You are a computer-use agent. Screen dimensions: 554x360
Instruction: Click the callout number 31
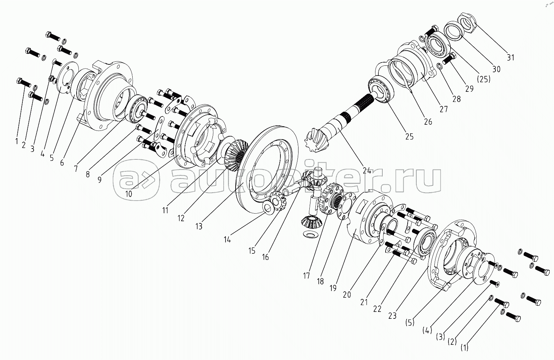tap(511, 57)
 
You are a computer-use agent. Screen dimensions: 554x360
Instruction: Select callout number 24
tap(367, 171)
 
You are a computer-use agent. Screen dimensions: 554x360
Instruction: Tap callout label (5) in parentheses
tap(410, 323)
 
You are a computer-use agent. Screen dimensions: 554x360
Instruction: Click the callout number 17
tap(306, 276)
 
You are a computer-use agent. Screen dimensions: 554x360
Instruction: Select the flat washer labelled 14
tap(268, 207)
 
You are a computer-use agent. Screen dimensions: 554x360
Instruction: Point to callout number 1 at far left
tap(17, 141)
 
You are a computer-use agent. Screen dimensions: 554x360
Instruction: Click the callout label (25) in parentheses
tap(484, 79)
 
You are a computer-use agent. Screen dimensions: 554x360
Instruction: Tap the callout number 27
tap(444, 109)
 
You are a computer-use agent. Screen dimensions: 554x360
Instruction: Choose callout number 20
tap(347, 295)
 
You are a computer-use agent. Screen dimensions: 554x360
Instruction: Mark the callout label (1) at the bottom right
tap(464, 348)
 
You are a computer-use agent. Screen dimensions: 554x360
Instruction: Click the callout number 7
tap(76, 168)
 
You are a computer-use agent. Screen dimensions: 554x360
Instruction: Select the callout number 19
tap(333, 288)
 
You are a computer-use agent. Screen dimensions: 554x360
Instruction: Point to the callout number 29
tap(469, 89)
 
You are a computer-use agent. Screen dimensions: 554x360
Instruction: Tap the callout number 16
tap(265, 257)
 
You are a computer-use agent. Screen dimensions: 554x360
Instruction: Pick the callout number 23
tap(392, 316)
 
